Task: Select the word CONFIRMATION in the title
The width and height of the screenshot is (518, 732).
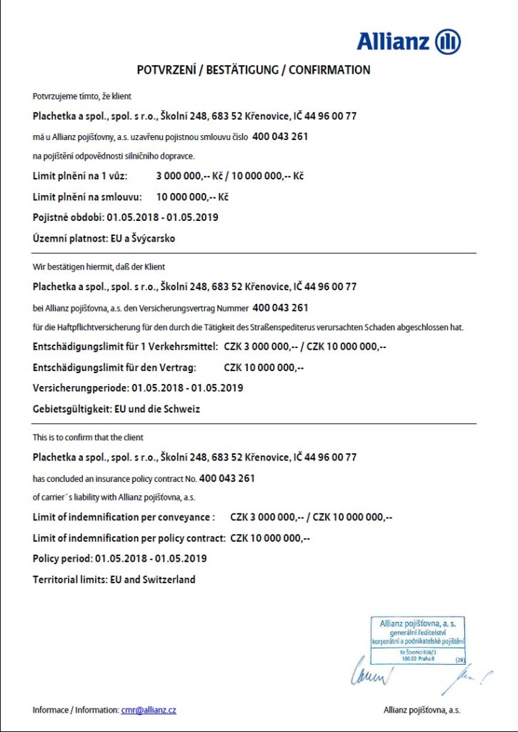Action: (330, 70)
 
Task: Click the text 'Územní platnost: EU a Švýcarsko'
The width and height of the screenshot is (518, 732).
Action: (104, 239)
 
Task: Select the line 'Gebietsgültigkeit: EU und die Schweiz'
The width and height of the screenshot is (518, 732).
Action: (116, 410)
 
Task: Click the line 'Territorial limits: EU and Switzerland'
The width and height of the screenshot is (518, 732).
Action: (114, 580)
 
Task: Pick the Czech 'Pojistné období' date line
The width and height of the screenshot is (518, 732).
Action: (125, 217)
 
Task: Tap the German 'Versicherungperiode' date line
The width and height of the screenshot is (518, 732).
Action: (138, 388)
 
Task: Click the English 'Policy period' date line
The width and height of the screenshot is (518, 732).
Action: (120, 558)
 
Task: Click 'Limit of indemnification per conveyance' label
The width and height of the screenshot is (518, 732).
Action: (123, 517)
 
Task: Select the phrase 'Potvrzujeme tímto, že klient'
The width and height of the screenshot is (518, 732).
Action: (82, 96)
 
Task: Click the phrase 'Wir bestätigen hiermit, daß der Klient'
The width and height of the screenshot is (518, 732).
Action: (99, 267)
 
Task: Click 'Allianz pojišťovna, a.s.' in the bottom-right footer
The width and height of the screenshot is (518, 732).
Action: (422, 710)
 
